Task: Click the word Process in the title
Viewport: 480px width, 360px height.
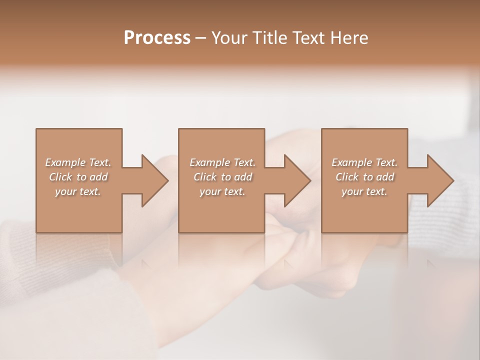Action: click(x=157, y=37)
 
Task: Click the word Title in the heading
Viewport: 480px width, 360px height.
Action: click(x=270, y=37)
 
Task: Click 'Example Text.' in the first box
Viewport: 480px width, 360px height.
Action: click(x=78, y=162)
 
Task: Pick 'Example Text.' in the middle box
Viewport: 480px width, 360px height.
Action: click(x=222, y=162)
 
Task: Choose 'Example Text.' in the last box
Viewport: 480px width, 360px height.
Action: click(x=364, y=162)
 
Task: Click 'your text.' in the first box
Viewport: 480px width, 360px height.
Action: click(x=78, y=191)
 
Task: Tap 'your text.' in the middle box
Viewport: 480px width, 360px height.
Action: click(x=222, y=191)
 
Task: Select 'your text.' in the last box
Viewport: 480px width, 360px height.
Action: click(x=364, y=191)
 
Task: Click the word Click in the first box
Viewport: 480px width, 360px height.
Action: click(x=60, y=177)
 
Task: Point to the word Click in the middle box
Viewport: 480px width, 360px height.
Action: click(x=205, y=177)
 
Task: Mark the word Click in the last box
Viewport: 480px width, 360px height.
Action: click(x=347, y=177)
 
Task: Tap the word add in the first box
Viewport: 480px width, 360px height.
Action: click(x=98, y=177)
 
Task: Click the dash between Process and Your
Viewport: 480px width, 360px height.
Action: click(x=201, y=38)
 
